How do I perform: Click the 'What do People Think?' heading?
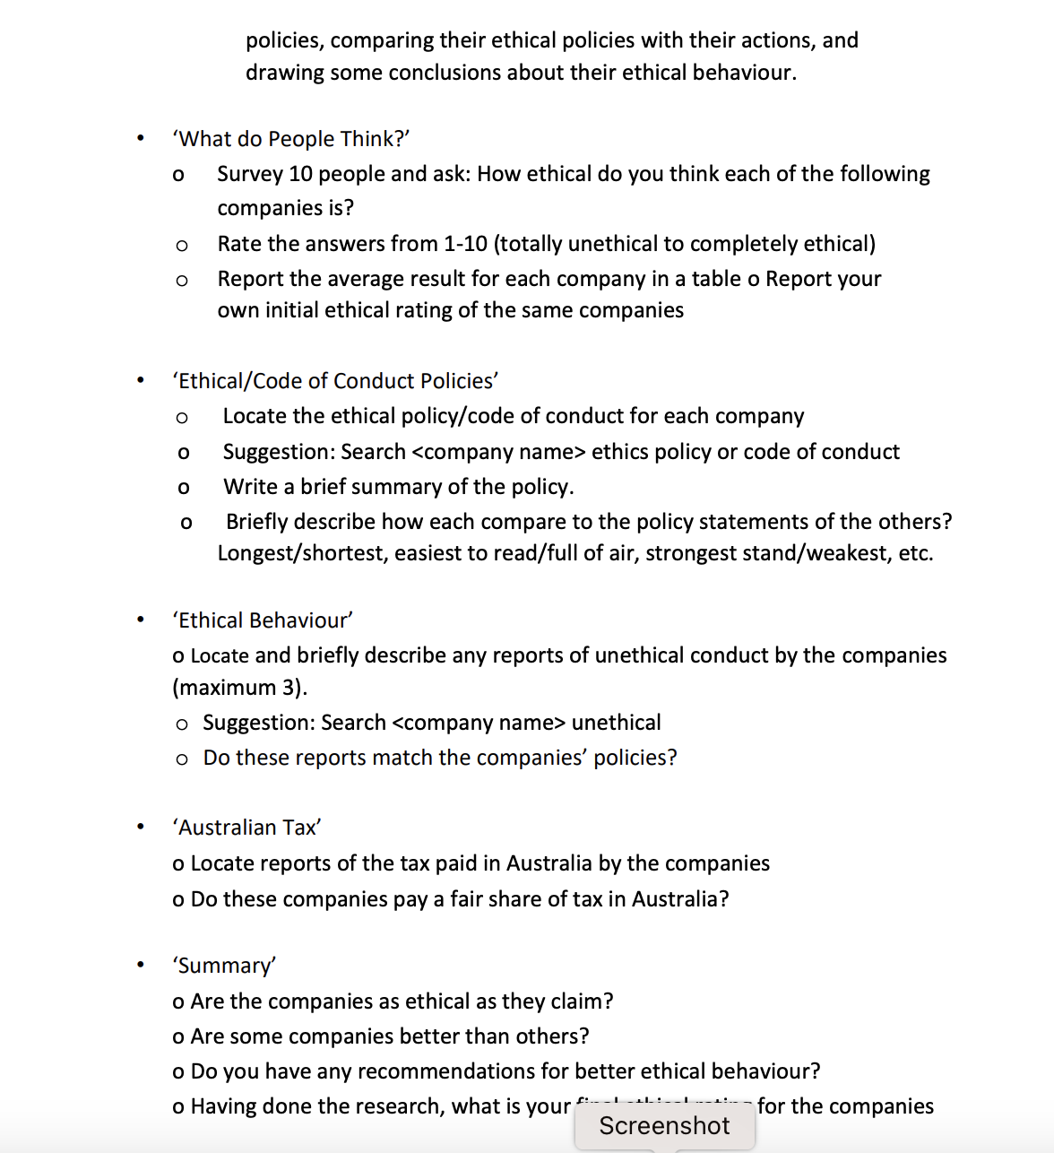coord(290,139)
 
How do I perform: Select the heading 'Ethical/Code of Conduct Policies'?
coord(335,381)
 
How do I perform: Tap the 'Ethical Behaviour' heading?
coord(263,620)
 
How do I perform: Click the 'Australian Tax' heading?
coord(246,828)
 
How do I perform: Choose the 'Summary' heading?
coord(224,966)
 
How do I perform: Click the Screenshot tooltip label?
coord(664,1126)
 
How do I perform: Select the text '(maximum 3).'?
coord(239,688)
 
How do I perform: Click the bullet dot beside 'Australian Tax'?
coord(140,827)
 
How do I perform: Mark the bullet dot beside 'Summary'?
coord(140,965)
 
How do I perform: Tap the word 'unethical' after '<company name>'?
coord(616,723)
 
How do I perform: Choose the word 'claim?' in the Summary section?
coord(582,1001)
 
